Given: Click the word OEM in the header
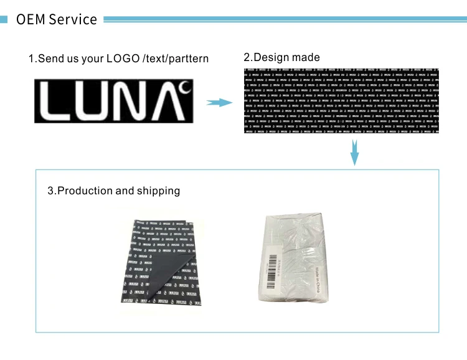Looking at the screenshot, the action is [31, 19].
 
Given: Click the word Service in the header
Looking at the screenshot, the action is [73, 19].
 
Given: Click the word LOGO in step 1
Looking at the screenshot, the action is [123, 59].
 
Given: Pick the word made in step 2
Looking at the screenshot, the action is [306, 57].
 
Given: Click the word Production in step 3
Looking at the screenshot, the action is [85, 191].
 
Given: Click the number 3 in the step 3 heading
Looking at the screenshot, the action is [50, 191].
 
